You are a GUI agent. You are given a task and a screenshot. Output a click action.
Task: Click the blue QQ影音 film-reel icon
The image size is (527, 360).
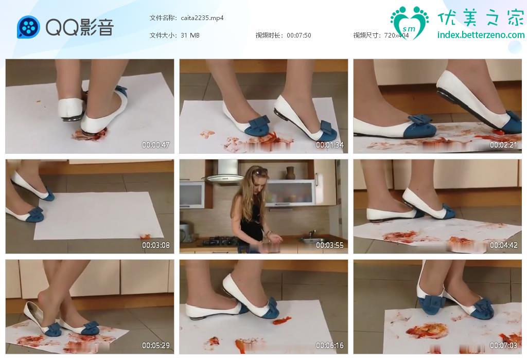pyautogui.click(x=28, y=27)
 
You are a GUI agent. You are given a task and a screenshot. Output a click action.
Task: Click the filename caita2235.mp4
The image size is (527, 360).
pyautogui.click(x=202, y=18)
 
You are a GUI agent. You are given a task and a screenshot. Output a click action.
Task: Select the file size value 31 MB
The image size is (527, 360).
pyautogui.click(x=190, y=35)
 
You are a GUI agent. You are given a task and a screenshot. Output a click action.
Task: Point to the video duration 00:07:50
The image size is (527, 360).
pyautogui.click(x=299, y=35)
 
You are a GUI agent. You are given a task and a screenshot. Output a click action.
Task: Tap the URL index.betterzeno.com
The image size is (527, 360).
pyautogui.click(x=481, y=35)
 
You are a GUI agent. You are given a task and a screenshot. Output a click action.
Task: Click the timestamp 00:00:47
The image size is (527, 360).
pyautogui.click(x=155, y=145)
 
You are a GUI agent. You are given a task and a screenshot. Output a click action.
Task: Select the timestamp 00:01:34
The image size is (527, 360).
pyautogui.click(x=330, y=145)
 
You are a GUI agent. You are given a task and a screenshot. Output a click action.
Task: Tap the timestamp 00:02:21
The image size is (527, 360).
pyautogui.click(x=503, y=145)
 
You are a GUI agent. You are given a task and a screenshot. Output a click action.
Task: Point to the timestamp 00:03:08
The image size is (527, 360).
pyautogui.click(x=155, y=245)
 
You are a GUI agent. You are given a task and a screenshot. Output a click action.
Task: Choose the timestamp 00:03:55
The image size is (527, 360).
pyautogui.click(x=330, y=245)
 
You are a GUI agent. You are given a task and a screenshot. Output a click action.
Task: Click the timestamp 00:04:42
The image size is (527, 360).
pyautogui.click(x=503, y=245)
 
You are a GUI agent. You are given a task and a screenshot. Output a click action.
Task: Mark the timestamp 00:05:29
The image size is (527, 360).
pyautogui.click(x=155, y=345)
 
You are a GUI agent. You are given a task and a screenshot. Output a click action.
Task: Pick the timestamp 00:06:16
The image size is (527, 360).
pyautogui.click(x=330, y=345)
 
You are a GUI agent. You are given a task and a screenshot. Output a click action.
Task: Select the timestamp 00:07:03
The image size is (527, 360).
pyautogui.click(x=503, y=345)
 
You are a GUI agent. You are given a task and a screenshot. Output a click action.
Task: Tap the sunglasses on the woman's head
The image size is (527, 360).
pyautogui.click(x=260, y=172)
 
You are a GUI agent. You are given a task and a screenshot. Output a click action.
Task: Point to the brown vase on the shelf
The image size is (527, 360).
pyautogui.click(x=291, y=173)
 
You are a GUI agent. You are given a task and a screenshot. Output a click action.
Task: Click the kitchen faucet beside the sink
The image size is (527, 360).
pyautogui.click(x=312, y=234)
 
